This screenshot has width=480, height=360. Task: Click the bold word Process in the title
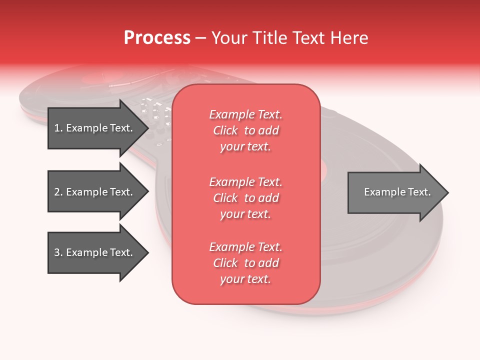157,38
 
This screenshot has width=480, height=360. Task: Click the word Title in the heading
270,38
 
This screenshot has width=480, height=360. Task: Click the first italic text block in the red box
245,130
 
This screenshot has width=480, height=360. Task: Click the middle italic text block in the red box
245,198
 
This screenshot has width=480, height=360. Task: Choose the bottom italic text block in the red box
245,263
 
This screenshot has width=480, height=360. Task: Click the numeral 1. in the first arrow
58,128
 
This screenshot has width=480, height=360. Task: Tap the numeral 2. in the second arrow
58,192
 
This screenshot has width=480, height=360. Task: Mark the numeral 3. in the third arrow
58,252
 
